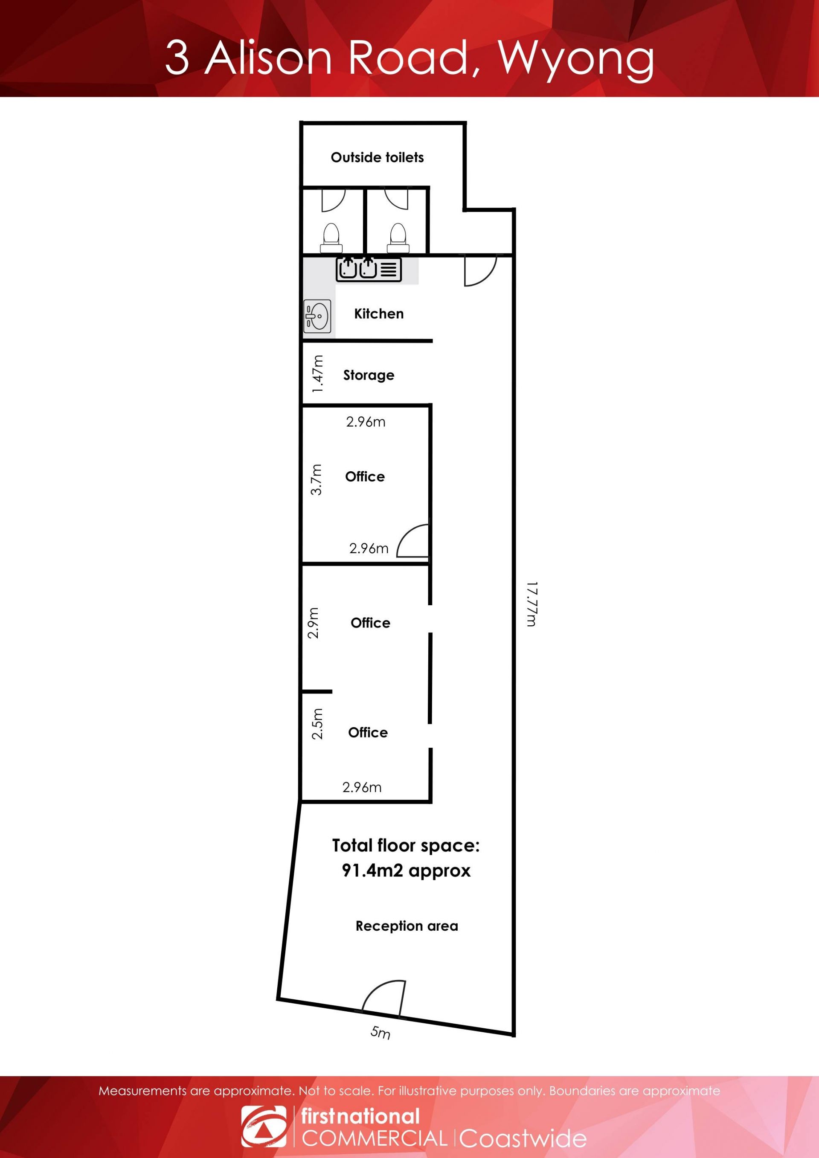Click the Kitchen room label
[x=379, y=314]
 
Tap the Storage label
[x=369, y=375]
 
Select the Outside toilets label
[x=377, y=157]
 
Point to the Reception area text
[x=407, y=926]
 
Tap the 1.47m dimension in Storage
[x=317, y=374]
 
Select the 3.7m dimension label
[x=316, y=480]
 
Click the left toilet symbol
[x=331, y=238]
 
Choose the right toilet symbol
[x=398, y=238]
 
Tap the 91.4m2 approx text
[x=406, y=871]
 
